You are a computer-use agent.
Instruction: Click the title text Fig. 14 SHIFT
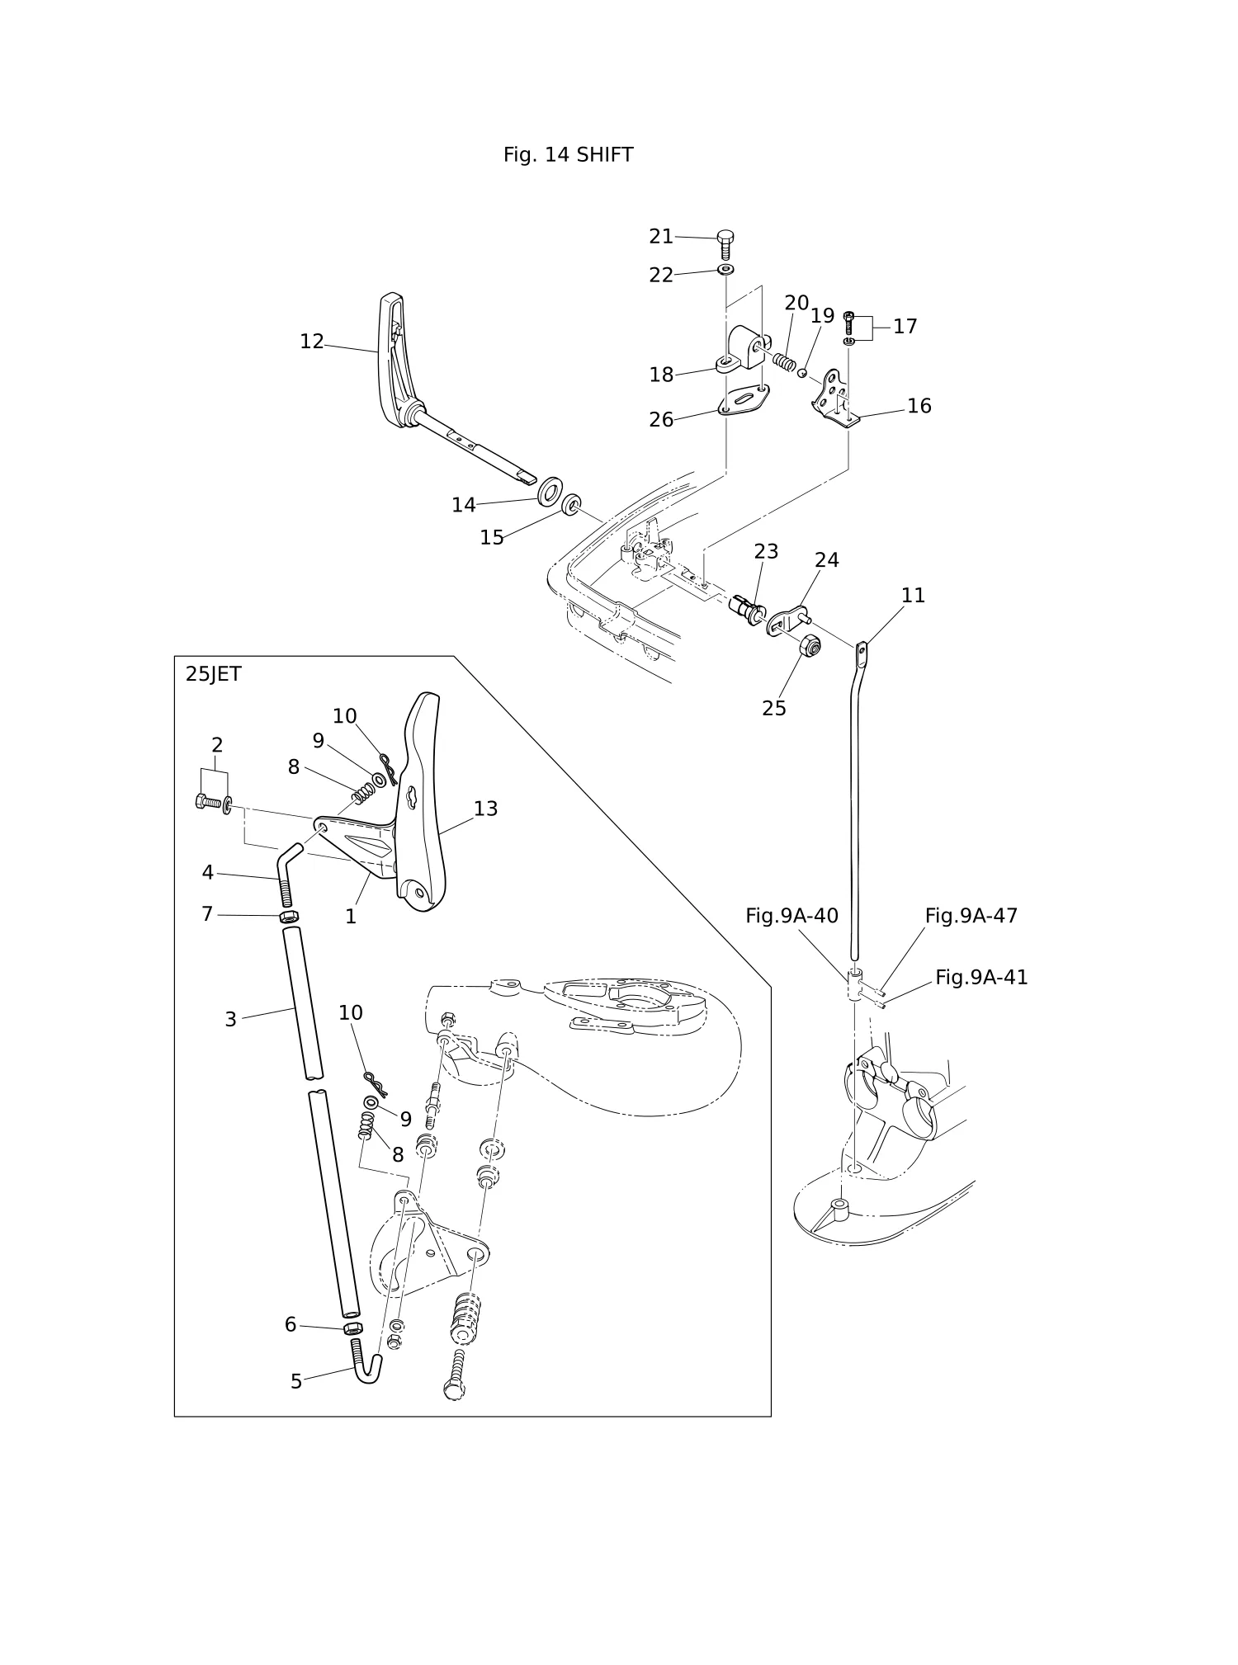point(568,155)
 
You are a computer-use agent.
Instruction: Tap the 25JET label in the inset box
point(213,674)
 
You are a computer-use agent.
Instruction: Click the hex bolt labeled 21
point(725,245)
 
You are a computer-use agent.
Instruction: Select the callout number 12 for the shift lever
point(312,342)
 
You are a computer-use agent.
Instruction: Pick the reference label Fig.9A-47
point(971,915)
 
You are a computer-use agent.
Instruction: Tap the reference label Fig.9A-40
point(791,915)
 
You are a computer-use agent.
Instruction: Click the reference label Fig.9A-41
point(981,977)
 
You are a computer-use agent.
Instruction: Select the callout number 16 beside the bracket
point(919,406)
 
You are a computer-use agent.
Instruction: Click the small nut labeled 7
point(288,916)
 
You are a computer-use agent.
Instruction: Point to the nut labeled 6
point(352,1328)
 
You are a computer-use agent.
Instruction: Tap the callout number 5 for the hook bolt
point(296,1381)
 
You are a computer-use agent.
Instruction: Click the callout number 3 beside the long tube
point(231,1020)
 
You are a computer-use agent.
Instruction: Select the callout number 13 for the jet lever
point(485,809)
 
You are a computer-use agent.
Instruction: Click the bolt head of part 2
point(202,800)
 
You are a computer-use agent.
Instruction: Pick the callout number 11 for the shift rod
point(913,595)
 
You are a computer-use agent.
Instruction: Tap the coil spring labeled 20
point(784,361)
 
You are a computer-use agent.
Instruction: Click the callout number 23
point(766,551)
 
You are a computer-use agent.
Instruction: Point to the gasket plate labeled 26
point(746,400)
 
